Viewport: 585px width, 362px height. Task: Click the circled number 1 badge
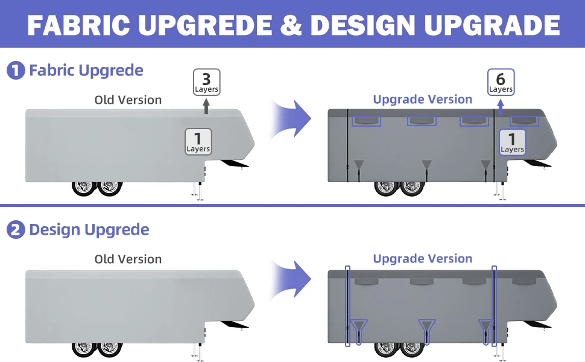15,71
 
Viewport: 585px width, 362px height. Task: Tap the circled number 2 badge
15,230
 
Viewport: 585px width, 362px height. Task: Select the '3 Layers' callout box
206,82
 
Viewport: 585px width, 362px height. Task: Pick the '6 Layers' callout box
501,82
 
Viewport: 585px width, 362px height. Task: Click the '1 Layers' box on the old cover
198,141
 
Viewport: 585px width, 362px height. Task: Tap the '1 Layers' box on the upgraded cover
512,142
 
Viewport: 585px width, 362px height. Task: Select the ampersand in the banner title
292,25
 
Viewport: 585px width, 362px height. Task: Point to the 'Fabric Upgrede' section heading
86,71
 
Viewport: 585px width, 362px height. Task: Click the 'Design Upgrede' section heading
89,230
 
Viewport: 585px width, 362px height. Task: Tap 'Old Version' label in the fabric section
128,100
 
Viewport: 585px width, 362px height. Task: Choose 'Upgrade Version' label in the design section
422,259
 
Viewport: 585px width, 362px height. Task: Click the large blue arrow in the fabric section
293,118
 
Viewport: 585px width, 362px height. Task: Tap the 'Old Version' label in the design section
128,259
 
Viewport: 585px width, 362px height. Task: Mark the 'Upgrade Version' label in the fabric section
422,100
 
